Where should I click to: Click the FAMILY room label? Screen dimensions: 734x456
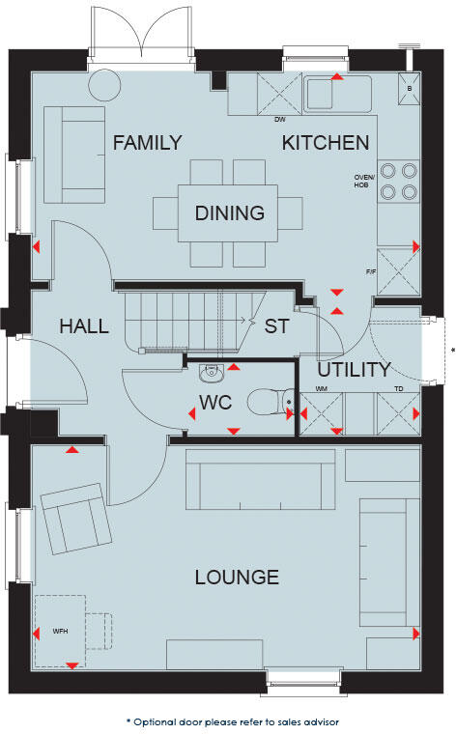coord(147,143)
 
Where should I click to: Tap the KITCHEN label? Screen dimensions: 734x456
coord(326,143)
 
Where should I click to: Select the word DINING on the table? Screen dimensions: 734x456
coord(230,213)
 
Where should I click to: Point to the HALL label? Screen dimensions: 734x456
coord(83,325)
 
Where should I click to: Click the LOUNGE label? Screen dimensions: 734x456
coord(237,578)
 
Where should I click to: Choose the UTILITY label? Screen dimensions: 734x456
coord(354,369)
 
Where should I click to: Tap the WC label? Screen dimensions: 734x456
coord(215,402)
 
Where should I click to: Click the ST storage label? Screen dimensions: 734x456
coord(276,325)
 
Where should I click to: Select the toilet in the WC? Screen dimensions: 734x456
coord(266,401)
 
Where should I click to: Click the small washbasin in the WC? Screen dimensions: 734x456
coord(213,371)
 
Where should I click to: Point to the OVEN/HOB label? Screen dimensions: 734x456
coord(364,182)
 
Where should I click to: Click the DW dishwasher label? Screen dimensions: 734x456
coord(280,120)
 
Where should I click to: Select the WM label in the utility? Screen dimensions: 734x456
coord(322,388)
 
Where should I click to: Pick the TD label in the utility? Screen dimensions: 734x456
coord(398,388)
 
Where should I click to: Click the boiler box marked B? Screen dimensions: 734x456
coord(410,88)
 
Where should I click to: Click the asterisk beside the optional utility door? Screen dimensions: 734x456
coord(452,350)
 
